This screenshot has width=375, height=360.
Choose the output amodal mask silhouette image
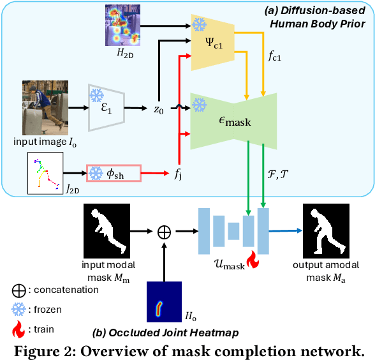(327, 229)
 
